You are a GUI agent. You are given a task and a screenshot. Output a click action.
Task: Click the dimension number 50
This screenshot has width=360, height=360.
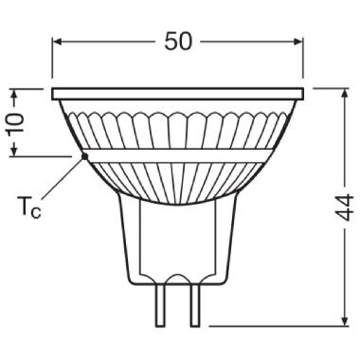[179, 43]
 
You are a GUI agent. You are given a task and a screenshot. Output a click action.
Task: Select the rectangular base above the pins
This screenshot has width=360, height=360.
[178, 237]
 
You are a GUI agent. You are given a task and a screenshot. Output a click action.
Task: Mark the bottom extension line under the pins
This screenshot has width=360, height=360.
[284, 326]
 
